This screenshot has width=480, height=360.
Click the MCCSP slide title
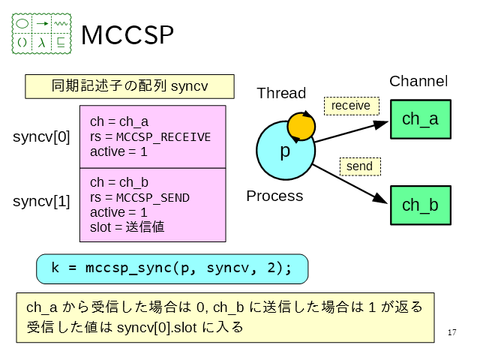coord(127,34)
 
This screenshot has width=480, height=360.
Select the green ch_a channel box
coord(420,119)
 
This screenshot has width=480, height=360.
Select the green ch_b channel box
coord(420,205)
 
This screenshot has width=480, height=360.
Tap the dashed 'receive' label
coord(351,106)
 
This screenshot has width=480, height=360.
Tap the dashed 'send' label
coord(360,165)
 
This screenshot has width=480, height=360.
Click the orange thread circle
coord(301,127)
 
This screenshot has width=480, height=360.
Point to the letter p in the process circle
coord(285,151)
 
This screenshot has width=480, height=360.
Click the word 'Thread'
coord(281,93)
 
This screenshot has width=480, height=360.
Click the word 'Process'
coord(274,196)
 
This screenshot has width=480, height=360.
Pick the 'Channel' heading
coord(418,82)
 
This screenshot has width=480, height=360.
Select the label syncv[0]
coord(41,137)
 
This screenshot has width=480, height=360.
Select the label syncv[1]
coord(41,201)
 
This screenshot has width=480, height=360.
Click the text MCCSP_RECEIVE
coord(163,137)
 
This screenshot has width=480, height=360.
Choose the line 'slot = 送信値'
coord(127,226)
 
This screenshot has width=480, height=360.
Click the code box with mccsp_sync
coord(172,268)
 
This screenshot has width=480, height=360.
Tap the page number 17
coord(451,332)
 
